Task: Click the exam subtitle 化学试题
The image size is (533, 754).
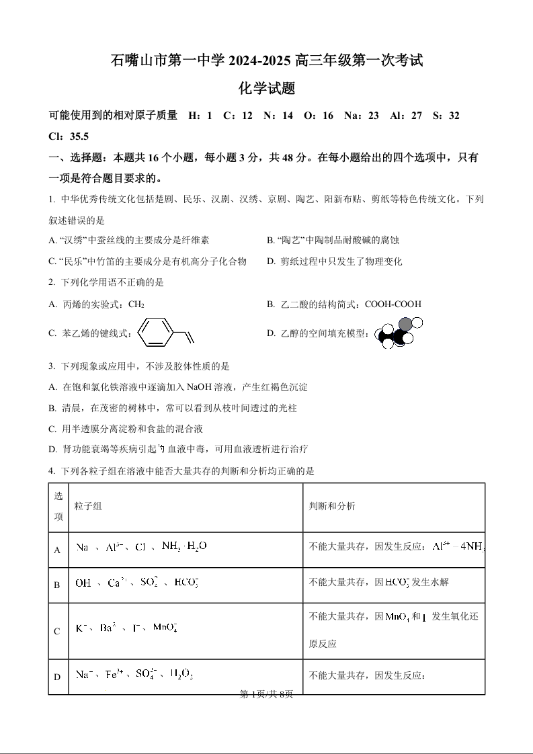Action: [x=267, y=88]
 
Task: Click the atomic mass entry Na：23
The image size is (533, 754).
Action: [x=362, y=116]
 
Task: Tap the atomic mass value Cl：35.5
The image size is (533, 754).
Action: [x=69, y=136]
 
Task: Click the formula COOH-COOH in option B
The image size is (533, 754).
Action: [x=393, y=304]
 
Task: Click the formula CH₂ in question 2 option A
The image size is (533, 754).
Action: [x=136, y=304]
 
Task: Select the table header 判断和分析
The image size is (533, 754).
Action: [x=332, y=506]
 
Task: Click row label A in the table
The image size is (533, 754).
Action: [x=57, y=550]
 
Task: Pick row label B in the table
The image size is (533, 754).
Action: [x=57, y=585]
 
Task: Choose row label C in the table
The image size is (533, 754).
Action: [x=57, y=631]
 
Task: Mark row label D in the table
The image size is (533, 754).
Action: [x=57, y=677]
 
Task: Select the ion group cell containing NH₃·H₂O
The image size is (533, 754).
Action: [x=141, y=546]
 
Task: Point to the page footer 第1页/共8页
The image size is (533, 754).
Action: [x=266, y=694]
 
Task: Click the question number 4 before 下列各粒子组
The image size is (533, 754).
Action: [x=51, y=471]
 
